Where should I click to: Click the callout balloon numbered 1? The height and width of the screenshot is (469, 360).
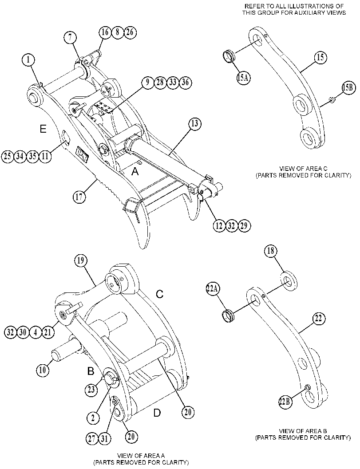[28, 60]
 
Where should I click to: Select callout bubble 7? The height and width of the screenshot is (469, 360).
[70, 38]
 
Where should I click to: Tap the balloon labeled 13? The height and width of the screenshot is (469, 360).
[195, 124]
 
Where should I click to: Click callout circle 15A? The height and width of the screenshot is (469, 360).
[243, 78]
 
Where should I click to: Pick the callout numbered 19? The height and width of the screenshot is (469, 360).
[80, 260]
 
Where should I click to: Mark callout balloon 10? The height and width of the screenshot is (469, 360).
[43, 370]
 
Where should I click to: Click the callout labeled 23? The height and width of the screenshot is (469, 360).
[91, 390]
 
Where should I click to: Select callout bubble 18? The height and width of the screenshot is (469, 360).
[270, 251]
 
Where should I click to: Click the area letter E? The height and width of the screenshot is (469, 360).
[43, 129]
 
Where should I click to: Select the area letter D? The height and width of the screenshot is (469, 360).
[157, 413]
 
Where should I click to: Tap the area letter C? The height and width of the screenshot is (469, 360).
[160, 294]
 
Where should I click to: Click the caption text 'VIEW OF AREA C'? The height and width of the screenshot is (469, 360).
[303, 169]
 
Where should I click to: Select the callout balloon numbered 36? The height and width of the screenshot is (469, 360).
[185, 83]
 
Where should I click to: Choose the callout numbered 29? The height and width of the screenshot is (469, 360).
[244, 225]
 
